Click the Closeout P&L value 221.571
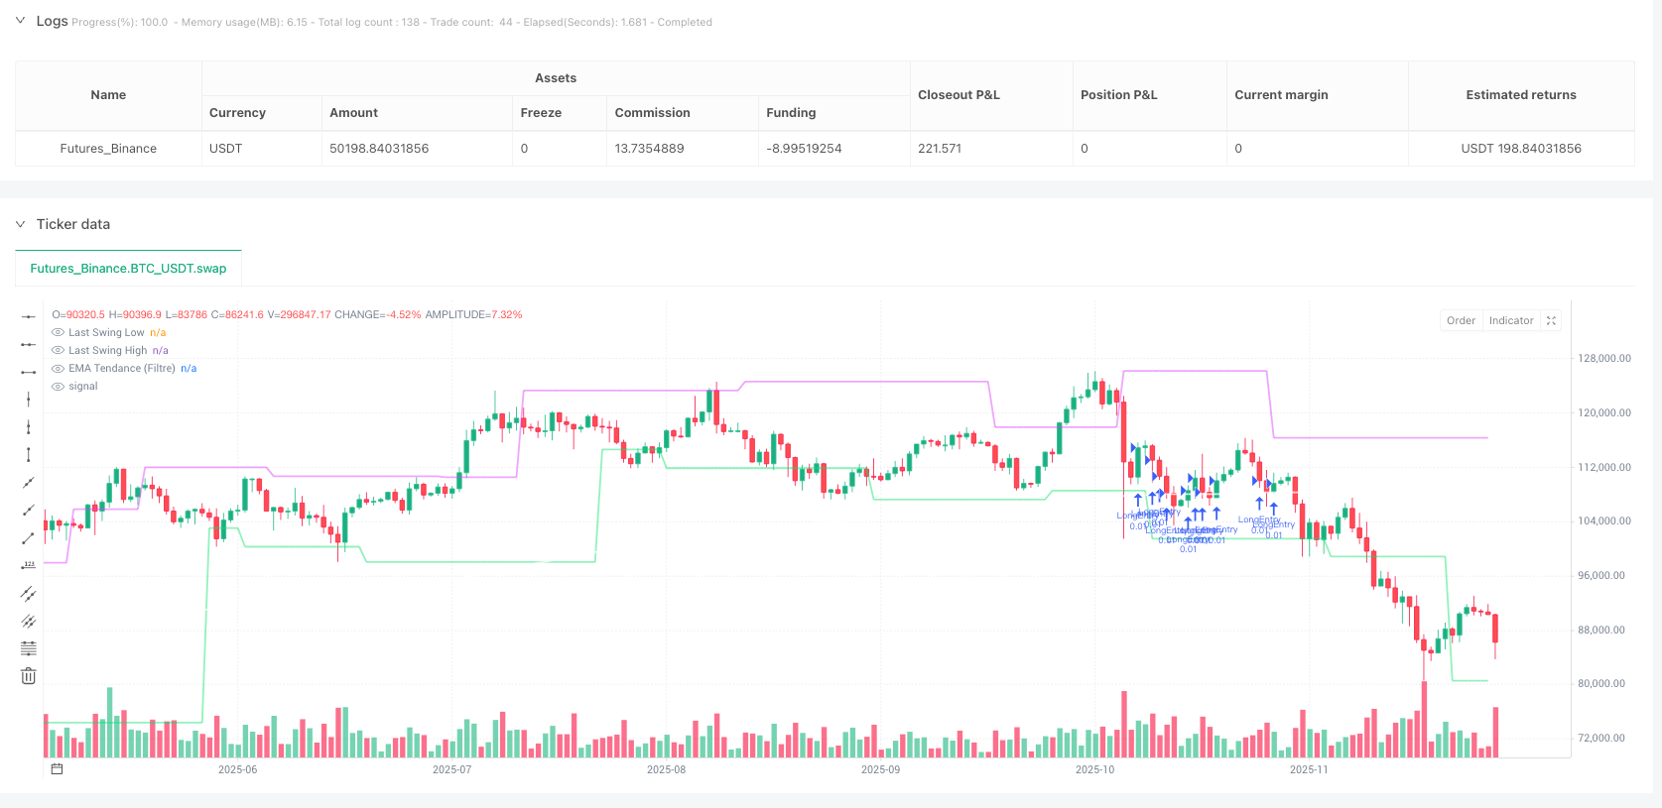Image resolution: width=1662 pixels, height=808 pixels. (x=940, y=149)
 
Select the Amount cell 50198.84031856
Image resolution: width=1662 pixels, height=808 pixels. (x=379, y=149)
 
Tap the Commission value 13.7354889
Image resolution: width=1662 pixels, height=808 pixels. (x=649, y=149)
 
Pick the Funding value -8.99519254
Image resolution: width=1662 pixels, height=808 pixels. (x=804, y=149)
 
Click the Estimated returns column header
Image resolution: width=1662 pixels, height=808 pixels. (x=1520, y=95)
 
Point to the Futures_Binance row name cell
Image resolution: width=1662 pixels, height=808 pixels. (x=108, y=149)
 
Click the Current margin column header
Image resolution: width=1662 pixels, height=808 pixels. (x=1281, y=95)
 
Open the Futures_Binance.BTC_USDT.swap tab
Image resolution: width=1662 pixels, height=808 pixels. (x=128, y=269)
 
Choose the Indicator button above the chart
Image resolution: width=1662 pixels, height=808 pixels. (x=1510, y=320)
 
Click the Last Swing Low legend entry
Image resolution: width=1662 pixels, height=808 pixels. (x=106, y=333)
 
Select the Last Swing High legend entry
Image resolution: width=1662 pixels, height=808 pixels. (x=107, y=351)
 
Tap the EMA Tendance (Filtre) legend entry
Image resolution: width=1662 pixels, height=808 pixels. (x=121, y=369)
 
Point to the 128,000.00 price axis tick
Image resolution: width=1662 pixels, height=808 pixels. (x=1603, y=359)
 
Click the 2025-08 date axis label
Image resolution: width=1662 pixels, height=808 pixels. (x=666, y=769)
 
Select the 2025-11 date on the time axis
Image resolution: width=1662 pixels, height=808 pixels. (x=1309, y=769)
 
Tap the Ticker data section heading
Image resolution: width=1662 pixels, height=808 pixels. (x=73, y=224)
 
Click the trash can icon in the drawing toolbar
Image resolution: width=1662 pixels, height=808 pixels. (x=29, y=676)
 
